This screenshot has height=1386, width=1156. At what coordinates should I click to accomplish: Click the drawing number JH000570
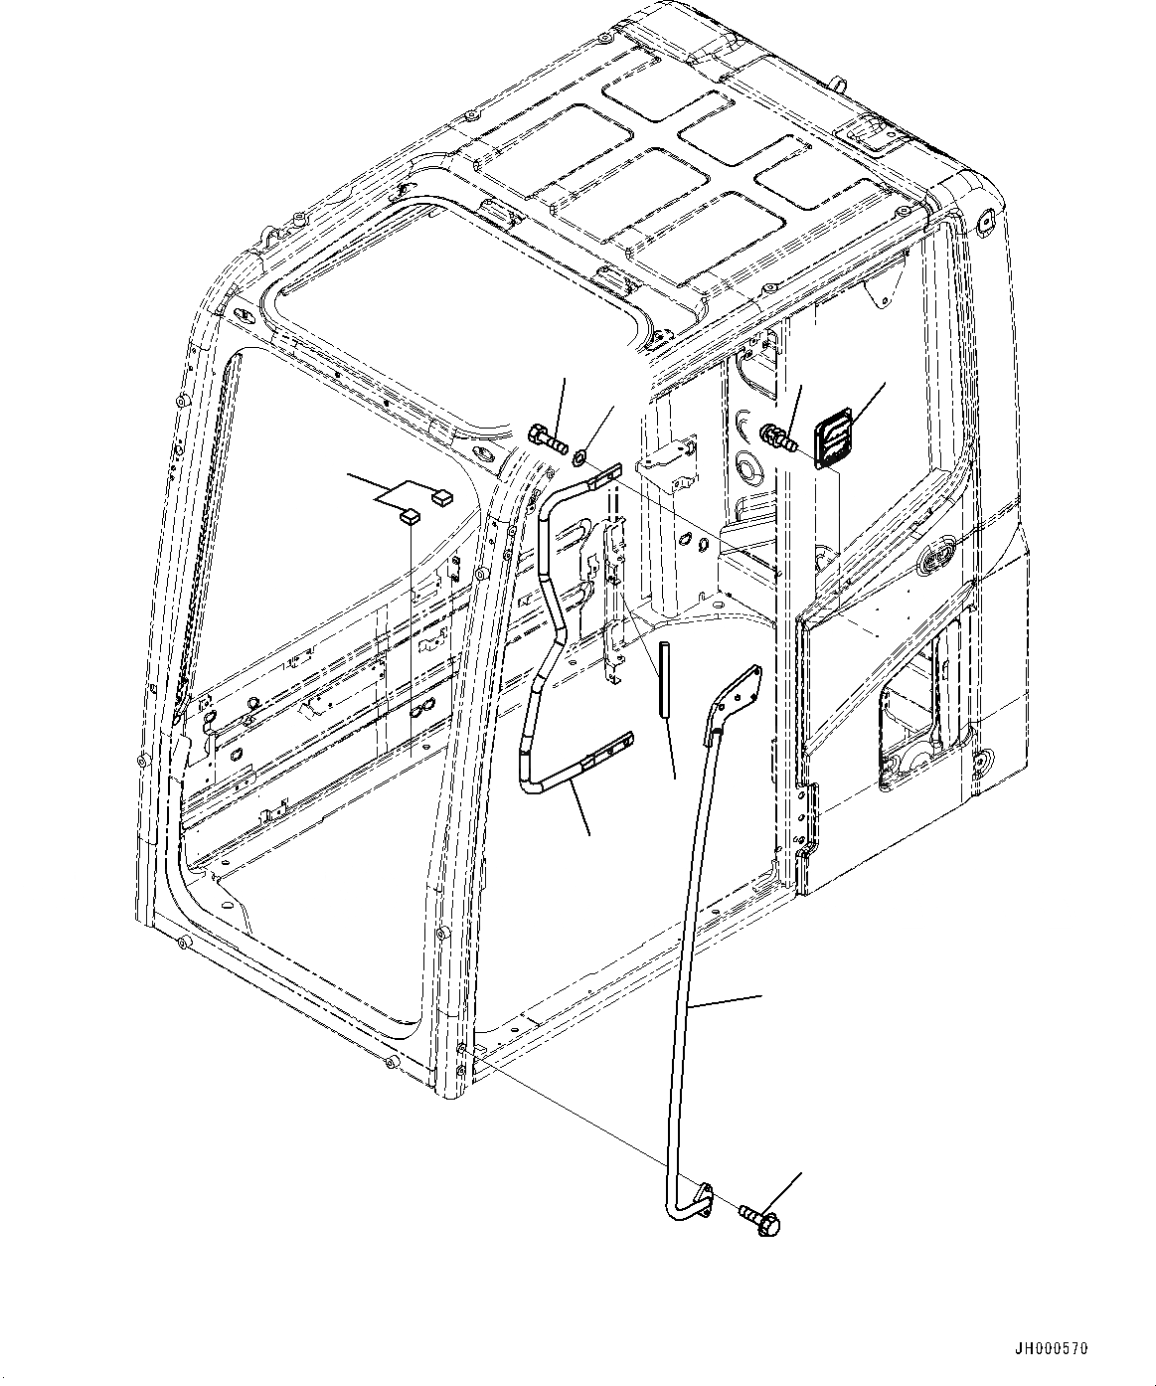click(1051, 1349)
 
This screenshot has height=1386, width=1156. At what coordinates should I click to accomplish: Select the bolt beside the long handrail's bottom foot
click(760, 1220)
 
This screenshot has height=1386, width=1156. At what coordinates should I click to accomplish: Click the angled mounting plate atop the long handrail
click(738, 701)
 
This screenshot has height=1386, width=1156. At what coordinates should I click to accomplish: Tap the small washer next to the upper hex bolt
click(579, 458)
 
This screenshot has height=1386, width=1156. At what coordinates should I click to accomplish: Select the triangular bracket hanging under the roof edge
click(877, 288)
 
